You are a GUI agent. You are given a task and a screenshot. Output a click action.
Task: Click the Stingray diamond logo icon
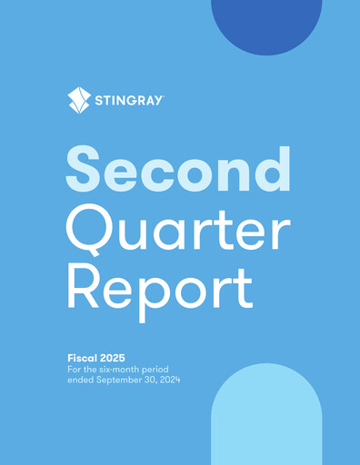click(x=79, y=100)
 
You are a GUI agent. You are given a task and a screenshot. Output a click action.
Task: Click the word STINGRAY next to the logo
click(x=129, y=101)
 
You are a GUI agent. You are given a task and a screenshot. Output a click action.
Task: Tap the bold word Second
click(x=178, y=170)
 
